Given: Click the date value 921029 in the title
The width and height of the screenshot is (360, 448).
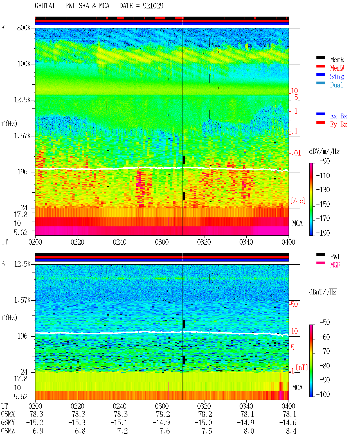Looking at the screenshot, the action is (x=153, y=6).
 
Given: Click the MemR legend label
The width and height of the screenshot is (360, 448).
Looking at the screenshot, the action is (x=337, y=60).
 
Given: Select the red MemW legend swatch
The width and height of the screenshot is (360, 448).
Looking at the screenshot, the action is (x=320, y=66).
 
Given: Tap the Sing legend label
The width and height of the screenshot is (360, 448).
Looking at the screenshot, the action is (x=337, y=76).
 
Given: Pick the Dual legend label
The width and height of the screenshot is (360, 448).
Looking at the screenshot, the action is (x=337, y=85).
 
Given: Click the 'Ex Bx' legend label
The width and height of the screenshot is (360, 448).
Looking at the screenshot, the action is (x=339, y=116).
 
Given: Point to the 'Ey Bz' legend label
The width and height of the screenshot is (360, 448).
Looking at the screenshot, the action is (x=339, y=125).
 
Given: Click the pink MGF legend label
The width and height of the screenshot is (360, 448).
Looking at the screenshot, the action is (x=335, y=265).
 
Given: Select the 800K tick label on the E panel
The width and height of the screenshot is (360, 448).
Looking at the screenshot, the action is (x=24, y=28).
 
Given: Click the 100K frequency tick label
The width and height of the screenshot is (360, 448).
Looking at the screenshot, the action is (x=24, y=64).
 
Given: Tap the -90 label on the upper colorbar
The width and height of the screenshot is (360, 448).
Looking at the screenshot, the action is (x=325, y=161).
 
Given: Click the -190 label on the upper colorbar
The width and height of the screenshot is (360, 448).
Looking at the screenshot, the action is (x=323, y=233).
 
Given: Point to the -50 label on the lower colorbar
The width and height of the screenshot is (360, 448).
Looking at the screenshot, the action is (x=325, y=323).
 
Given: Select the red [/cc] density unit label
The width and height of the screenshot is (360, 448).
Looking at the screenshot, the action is (x=298, y=201).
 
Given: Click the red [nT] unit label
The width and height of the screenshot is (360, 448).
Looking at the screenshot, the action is (x=302, y=367).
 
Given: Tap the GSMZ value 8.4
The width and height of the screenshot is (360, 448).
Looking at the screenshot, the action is (x=291, y=431).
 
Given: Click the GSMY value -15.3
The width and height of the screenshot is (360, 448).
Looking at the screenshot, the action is (x=77, y=423).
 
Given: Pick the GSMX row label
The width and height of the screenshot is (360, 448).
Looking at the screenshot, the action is (x=8, y=414).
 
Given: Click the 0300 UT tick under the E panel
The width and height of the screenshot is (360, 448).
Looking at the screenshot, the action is (x=162, y=242).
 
